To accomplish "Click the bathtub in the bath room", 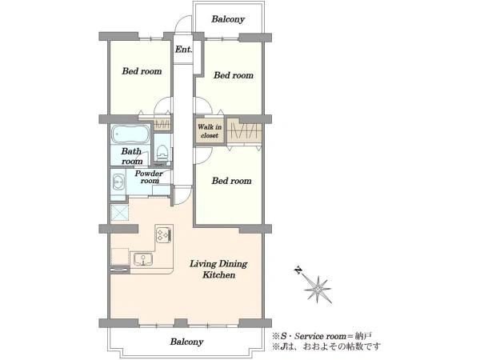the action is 130,134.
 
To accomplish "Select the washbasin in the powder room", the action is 118,182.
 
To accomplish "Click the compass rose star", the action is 318,289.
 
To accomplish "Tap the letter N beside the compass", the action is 298,270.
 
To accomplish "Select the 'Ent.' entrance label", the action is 183,50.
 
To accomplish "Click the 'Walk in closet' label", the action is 210,131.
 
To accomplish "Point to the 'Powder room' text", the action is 149,177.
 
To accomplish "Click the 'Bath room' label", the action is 132,156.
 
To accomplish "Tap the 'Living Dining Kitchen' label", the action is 218,269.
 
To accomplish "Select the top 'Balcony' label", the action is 228,19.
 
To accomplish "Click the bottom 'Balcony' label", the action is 186,342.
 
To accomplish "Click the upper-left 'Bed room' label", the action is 142,71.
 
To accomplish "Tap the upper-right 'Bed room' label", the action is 234,75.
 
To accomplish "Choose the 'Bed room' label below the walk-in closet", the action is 231,181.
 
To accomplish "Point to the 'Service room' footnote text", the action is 326,336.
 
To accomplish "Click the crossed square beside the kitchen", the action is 120,212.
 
